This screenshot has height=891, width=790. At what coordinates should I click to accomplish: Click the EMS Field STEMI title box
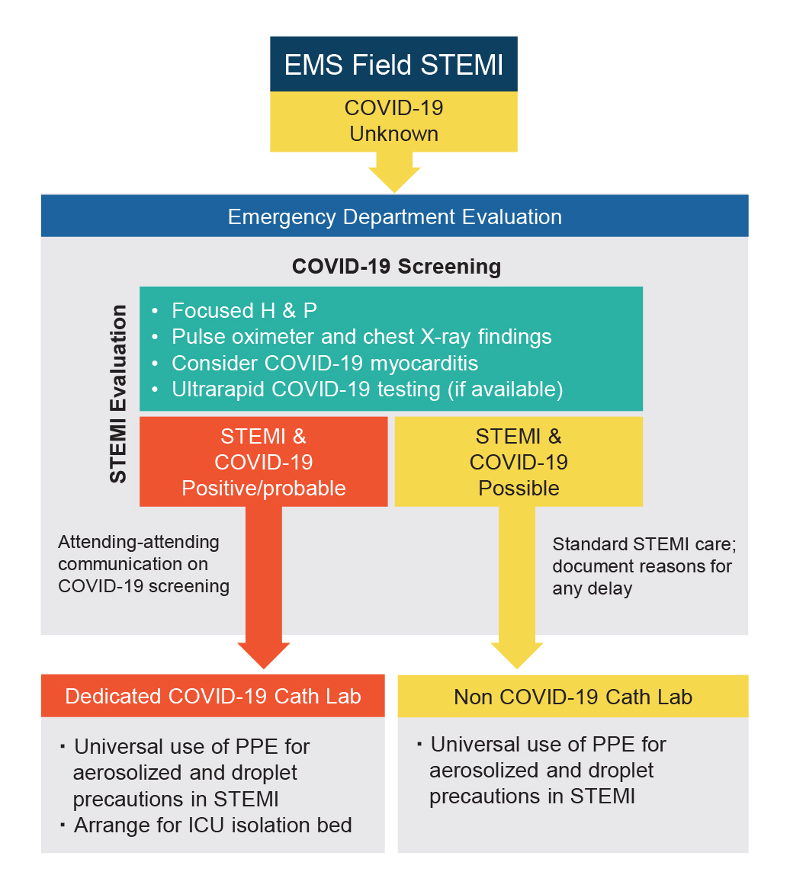click(393, 65)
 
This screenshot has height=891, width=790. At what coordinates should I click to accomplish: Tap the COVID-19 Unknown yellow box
click(393, 121)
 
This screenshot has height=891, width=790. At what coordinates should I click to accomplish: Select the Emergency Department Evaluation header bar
click(394, 216)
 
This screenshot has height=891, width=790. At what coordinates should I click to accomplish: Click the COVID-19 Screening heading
click(397, 267)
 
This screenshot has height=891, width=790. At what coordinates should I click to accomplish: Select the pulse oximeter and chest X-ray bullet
click(361, 336)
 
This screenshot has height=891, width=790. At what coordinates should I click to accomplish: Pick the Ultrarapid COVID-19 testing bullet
click(367, 389)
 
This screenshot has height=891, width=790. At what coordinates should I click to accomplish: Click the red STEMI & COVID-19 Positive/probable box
click(264, 462)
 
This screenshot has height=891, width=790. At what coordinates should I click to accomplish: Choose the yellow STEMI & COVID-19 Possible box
click(519, 462)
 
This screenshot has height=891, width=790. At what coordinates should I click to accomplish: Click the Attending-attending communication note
click(143, 564)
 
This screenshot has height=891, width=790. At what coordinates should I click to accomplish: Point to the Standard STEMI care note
click(642, 567)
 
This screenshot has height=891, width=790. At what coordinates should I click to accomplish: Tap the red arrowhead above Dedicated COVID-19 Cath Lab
click(264, 652)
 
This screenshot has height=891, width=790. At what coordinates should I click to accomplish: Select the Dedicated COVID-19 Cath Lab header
click(213, 696)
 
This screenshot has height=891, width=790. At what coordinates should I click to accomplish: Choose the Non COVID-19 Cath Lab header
click(573, 697)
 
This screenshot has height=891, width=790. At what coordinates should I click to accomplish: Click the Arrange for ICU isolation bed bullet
click(213, 825)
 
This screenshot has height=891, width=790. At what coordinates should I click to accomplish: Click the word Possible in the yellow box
click(519, 488)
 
